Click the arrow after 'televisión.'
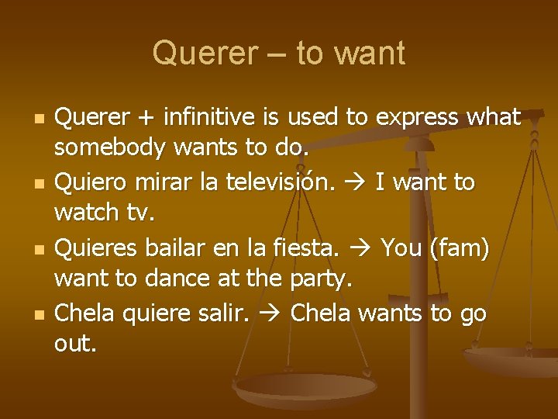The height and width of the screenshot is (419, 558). pos(360,182)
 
